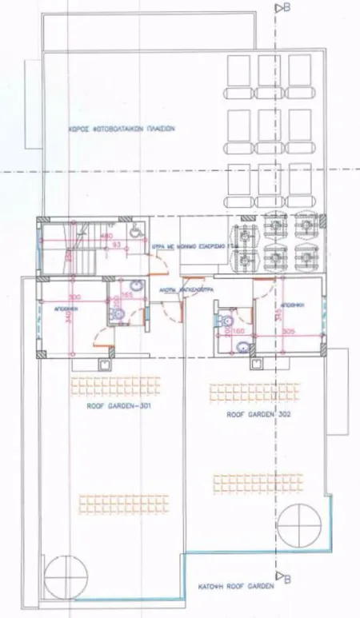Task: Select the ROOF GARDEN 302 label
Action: point(258,415)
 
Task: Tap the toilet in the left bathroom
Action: point(118,316)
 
